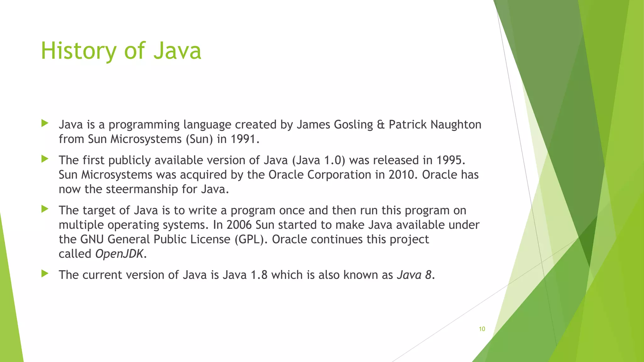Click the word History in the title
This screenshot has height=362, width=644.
click(78, 51)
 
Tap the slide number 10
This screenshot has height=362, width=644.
click(482, 329)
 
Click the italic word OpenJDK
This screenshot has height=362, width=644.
click(119, 254)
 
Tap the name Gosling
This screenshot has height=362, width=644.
click(353, 125)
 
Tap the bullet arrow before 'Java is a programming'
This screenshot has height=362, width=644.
click(45, 123)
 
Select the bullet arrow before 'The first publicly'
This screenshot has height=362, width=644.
click(45, 159)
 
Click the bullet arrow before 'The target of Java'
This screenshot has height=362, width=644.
click(45, 209)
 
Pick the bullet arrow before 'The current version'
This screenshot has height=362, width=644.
click(45, 273)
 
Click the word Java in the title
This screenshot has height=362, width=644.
click(177, 51)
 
